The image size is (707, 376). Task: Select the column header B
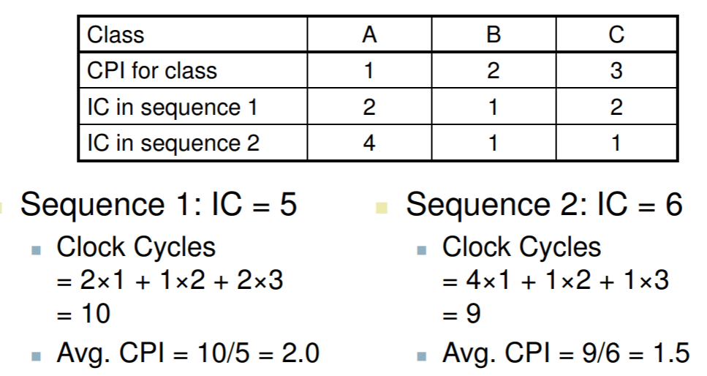(493, 34)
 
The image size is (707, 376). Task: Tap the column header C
(616, 34)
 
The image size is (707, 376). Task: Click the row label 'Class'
(116, 34)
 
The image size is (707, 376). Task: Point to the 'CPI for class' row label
(152, 70)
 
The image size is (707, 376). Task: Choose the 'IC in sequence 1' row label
(173, 107)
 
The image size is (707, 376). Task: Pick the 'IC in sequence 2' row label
(173, 142)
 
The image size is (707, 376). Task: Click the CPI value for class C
(616, 70)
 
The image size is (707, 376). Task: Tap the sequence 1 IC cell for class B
(493, 107)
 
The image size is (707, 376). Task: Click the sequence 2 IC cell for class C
(616, 142)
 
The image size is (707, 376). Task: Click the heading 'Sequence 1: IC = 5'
(159, 205)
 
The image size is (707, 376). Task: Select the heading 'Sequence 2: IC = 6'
(545, 205)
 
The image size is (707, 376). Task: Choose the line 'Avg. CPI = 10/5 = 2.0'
(189, 353)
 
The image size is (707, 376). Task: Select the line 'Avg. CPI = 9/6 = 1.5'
(565, 353)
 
